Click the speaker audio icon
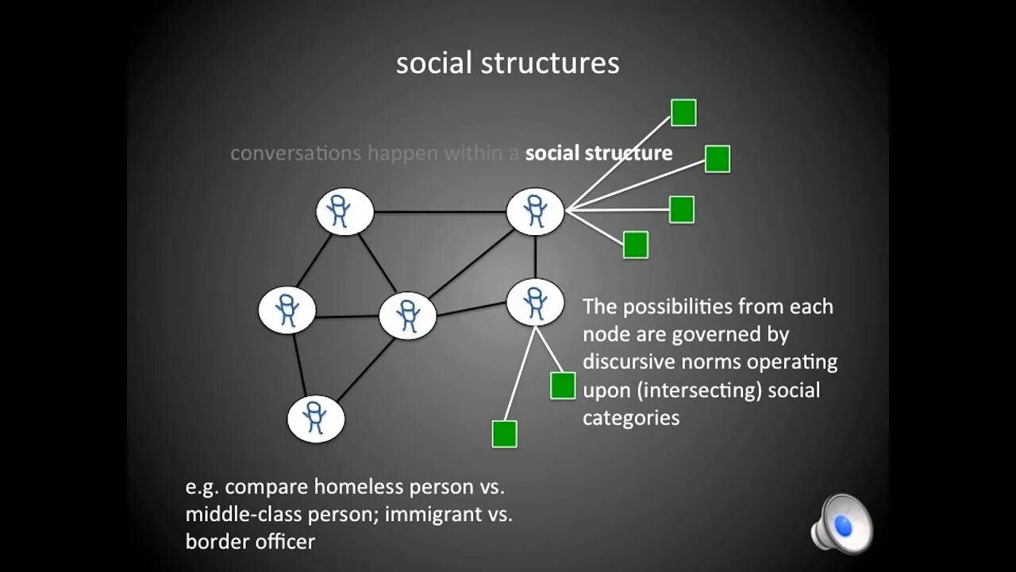tap(841, 524)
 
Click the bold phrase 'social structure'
tap(598, 153)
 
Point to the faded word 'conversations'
tap(295, 153)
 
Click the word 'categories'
tap(631, 418)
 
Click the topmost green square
tap(683, 113)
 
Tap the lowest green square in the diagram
tap(505, 434)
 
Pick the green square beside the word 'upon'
tap(563, 385)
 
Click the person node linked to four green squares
tap(535, 211)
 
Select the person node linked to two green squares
tap(535, 302)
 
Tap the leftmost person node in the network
tap(287, 310)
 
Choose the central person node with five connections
tap(408, 315)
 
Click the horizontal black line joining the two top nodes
tap(440, 212)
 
